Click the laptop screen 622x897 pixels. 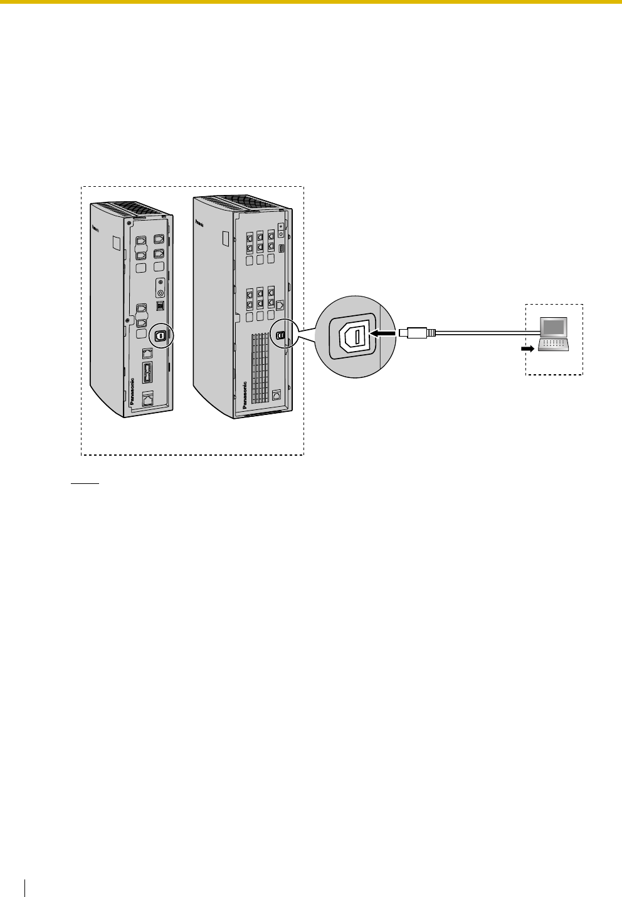pyautogui.click(x=555, y=327)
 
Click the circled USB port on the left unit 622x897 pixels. pyautogui.click(x=161, y=336)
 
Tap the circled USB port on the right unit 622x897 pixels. pyautogui.click(x=280, y=335)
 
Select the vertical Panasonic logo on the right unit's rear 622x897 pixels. pyautogui.click(x=244, y=395)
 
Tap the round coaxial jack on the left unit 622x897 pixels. pyautogui.click(x=161, y=292)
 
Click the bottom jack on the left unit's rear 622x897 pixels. pyautogui.click(x=149, y=398)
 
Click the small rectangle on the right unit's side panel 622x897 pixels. pyautogui.click(x=225, y=239)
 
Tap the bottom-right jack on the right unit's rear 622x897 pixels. pyautogui.click(x=277, y=396)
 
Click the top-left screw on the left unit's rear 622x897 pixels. pyautogui.click(x=129, y=223)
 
